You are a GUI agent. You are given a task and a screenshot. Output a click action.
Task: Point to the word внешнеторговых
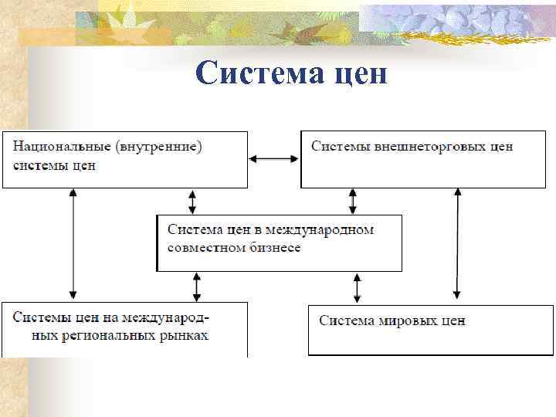coord(409,145)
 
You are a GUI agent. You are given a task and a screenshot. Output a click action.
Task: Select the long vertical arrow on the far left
coord(73,245)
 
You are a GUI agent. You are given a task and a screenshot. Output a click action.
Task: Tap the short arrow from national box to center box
coord(192,202)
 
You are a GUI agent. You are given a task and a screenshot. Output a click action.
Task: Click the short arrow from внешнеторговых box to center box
coord(353,202)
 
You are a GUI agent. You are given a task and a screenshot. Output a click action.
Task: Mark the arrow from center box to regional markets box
coord(197,286)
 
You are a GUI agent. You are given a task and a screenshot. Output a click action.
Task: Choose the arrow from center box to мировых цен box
coord(357,286)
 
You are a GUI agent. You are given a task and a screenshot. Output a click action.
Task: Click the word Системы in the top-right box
coord(336,145)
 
